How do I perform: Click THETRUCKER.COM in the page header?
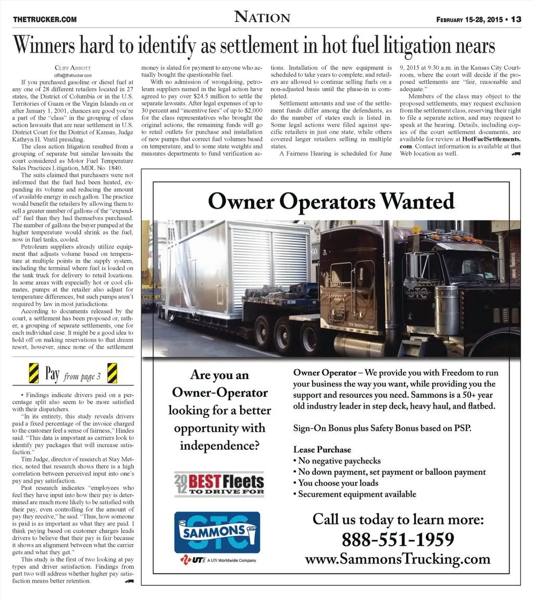pos(45,20)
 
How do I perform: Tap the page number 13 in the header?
pos(516,20)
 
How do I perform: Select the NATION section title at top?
pos(262,17)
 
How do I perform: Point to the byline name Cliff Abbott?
pos(72,68)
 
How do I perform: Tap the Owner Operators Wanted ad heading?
pos(331,201)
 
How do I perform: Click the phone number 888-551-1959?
pos(398,539)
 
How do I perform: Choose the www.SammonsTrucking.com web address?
pos(398,559)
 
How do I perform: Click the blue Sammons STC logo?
pos(217,532)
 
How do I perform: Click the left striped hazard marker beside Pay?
pos(33,373)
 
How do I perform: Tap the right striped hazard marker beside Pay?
pos(112,373)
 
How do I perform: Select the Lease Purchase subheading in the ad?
pos(322,449)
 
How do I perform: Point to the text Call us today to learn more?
pos(398,520)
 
